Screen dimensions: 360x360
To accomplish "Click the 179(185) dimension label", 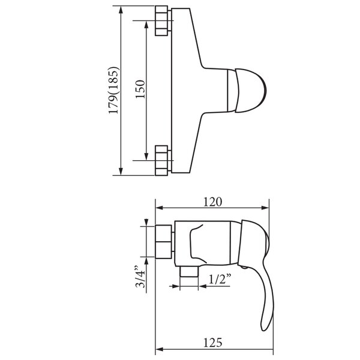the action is point(114,90).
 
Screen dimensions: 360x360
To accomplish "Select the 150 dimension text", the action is point(140,89).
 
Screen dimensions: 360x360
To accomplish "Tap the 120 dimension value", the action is point(213,202).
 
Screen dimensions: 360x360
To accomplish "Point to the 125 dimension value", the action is point(213,343).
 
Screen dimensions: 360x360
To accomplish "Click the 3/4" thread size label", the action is point(140,277).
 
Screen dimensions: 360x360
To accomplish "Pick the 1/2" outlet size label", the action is point(220,279).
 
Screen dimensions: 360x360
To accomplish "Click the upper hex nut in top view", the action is point(161,21).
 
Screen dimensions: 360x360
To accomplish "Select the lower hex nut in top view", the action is point(161,160).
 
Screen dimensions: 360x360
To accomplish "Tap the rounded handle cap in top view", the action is point(251,90).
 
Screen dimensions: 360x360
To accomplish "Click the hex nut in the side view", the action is point(163,242).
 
